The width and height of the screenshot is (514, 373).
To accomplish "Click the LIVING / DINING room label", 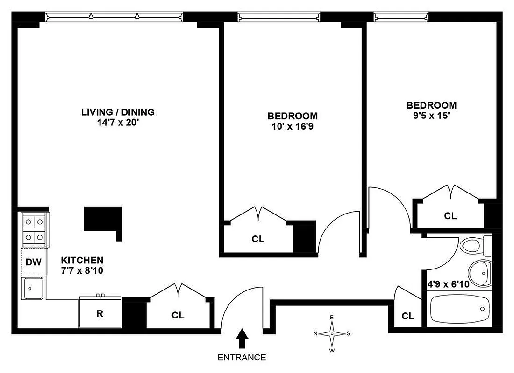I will (x=118, y=112).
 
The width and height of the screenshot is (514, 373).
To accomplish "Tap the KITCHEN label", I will (x=82, y=260).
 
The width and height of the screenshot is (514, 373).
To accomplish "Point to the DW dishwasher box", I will (x=34, y=262).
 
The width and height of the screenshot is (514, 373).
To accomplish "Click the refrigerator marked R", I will (x=100, y=313).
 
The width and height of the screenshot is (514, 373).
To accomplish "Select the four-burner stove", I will (x=34, y=230).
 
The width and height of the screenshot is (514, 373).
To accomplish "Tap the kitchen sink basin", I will (x=32, y=289).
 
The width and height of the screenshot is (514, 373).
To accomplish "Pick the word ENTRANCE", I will (x=242, y=358).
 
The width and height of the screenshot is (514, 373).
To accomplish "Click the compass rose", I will (x=332, y=333).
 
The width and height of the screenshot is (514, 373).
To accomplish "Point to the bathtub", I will (x=460, y=309).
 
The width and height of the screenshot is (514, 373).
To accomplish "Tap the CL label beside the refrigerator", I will (x=178, y=316).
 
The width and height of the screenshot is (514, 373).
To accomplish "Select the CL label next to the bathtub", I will (x=408, y=316).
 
